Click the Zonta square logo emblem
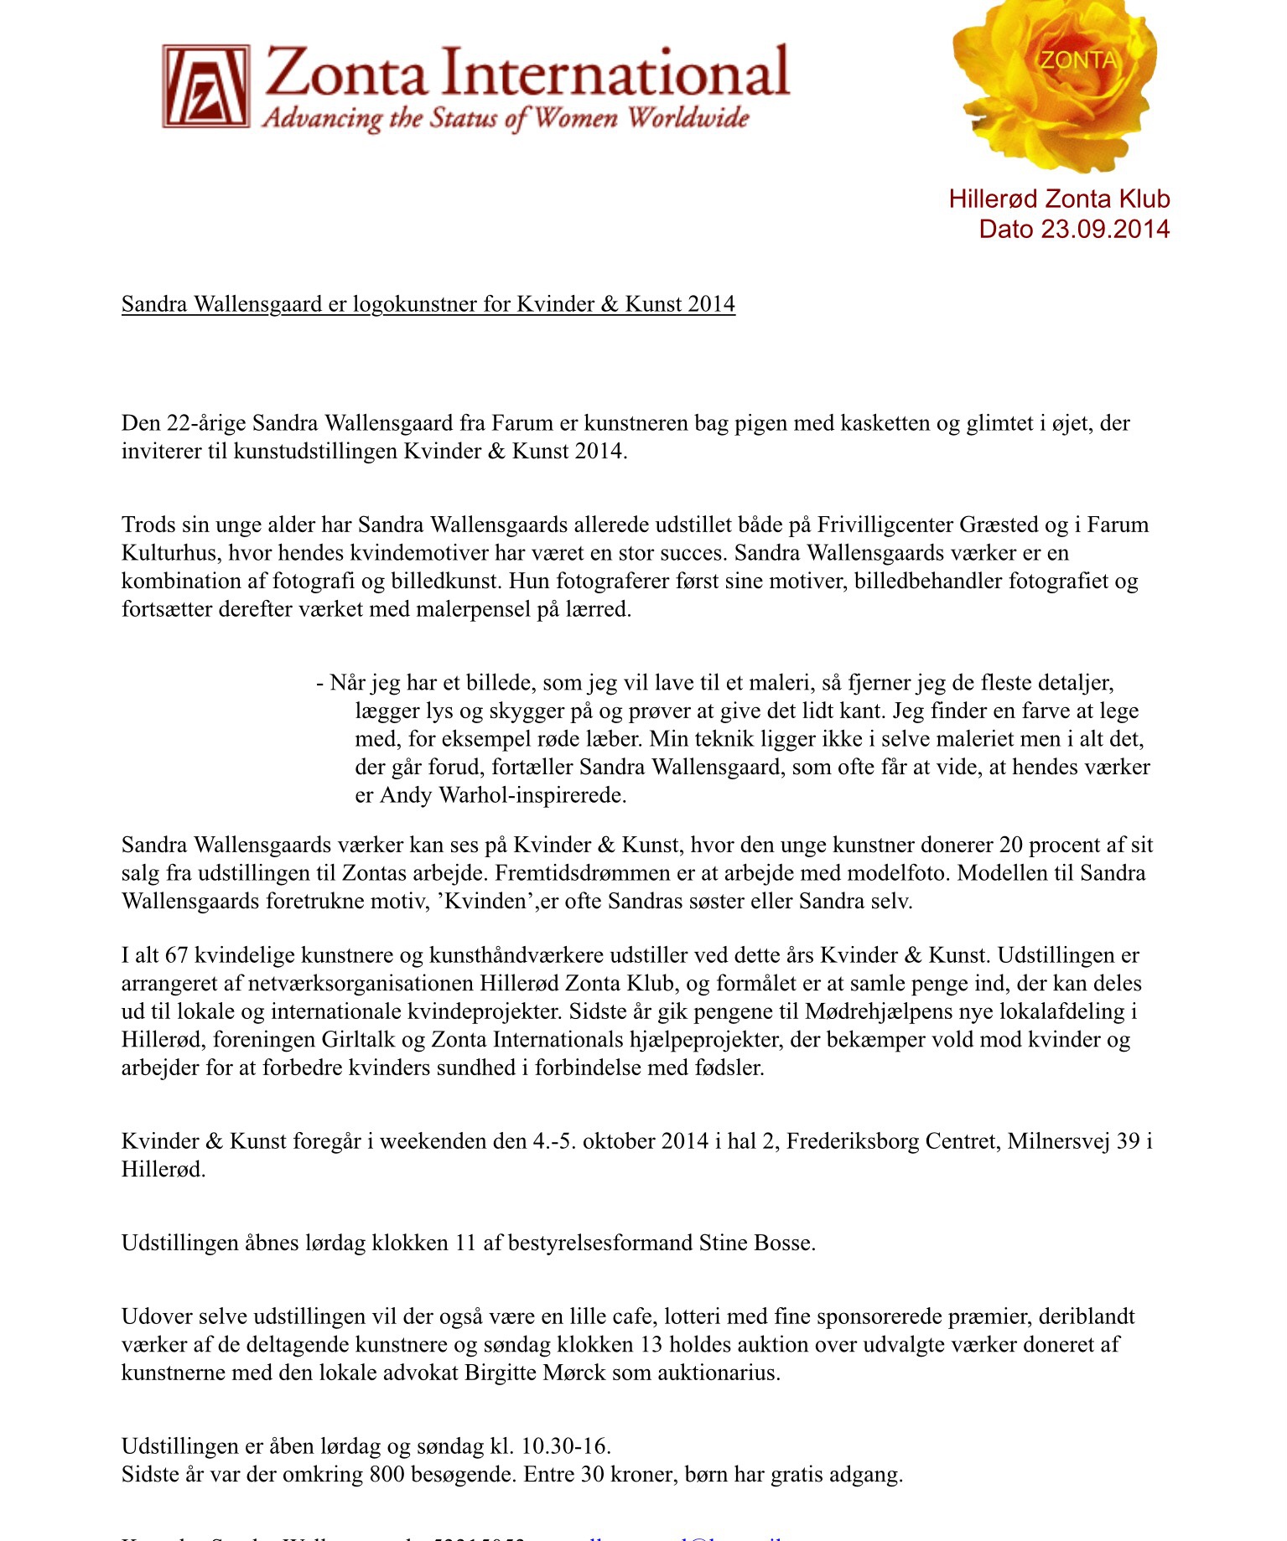click(x=206, y=86)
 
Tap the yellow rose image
click(x=1056, y=80)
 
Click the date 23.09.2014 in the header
click(x=1105, y=229)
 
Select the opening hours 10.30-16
click(x=566, y=1446)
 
